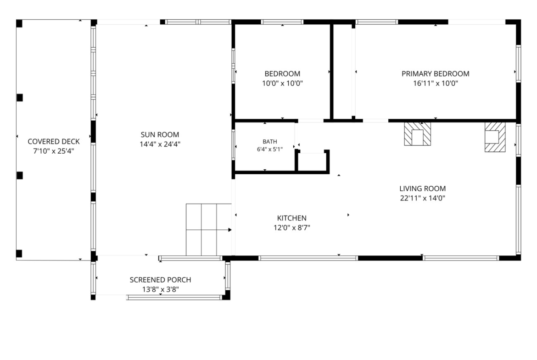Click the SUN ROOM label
(160, 134)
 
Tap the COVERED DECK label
(53, 141)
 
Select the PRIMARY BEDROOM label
(435, 73)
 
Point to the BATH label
(270, 141)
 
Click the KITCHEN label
(292, 218)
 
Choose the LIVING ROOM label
(423, 188)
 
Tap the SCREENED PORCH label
(160, 280)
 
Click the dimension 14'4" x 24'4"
(160, 144)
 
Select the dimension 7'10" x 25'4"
(53, 151)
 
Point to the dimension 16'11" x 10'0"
(435, 83)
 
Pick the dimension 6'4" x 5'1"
(270, 149)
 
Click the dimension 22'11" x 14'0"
(423, 198)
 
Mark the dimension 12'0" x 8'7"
(292, 227)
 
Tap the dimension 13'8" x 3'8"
(160, 289)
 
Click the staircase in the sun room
(208, 230)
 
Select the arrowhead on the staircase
(230, 230)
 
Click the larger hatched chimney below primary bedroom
(417, 134)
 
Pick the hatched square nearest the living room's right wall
(495, 137)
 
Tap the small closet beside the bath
(312, 161)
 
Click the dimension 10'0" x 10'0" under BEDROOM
(283, 83)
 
